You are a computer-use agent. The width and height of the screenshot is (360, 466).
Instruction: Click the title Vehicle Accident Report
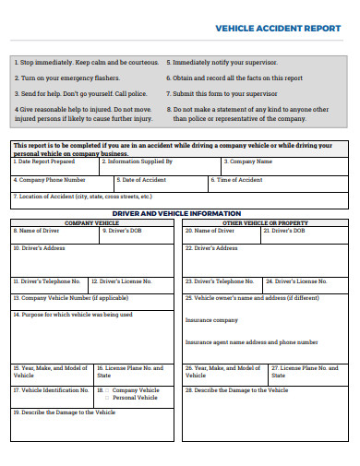tap(277, 29)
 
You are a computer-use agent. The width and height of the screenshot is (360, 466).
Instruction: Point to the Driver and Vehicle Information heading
tap(180, 213)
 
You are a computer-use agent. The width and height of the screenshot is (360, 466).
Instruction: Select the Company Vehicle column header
tap(91, 223)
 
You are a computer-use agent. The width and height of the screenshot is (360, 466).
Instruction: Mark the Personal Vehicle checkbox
tap(108, 398)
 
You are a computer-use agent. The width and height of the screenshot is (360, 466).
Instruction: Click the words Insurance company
tap(211, 320)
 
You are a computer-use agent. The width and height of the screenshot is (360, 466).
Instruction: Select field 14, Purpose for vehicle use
tap(91, 337)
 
